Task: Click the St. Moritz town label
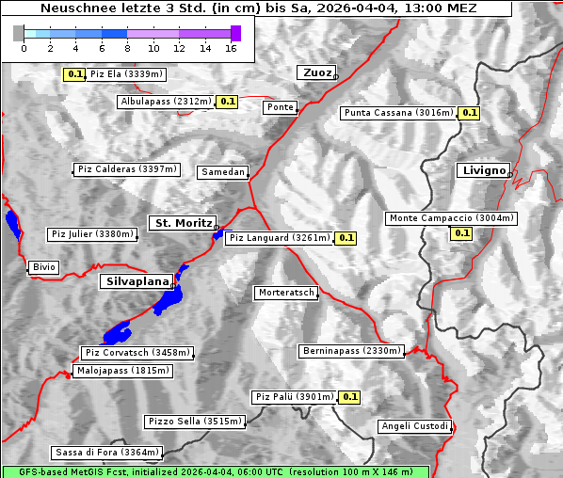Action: click(182, 223)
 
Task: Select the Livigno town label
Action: click(483, 170)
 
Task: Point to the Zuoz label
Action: click(315, 72)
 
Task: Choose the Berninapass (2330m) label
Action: click(351, 351)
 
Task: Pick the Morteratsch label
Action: click(286, 294)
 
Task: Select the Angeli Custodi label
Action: click(414, 426)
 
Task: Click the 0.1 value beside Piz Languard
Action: click(346, 238)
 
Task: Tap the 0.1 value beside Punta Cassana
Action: click(470, 113)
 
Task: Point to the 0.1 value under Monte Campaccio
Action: click(461, 233)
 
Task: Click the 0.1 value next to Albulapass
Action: click(227, 102)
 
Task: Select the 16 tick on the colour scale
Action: click(230, 48)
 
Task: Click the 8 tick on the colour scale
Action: click(127, 48)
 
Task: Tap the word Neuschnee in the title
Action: click(72, 8)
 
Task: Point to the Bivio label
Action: click(44, 267)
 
